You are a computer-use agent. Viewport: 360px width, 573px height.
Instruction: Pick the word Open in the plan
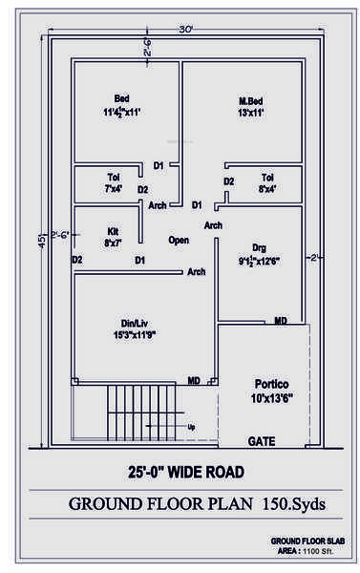point(179,240)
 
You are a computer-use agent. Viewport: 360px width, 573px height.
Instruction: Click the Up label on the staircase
point(192,426)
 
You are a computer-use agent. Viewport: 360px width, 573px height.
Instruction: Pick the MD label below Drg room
point(281,322)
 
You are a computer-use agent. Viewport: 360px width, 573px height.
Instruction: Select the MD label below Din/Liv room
point(194,380)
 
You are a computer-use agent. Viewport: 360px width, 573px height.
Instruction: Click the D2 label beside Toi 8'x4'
point(229,181)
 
